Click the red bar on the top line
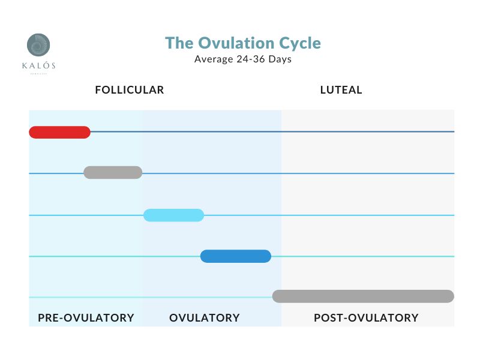(x=59, y=132)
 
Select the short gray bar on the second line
(x=113, y=173)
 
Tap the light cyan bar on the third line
(x=173, y=215)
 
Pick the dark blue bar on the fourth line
(x=235, y=256)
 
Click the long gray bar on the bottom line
(x=363, y=296)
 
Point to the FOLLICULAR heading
(x=130, y=90)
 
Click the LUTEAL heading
(x=341, y=90)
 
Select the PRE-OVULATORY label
(x=86, y=317)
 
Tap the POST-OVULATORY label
(x=366, y=317)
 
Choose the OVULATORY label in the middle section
(x=205, y=317)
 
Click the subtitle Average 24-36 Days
(x=243, y=59)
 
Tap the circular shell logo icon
(x=38, y=46)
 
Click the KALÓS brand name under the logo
(x=38, y=65)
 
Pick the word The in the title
(x=178, y=43)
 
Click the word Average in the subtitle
(x=213, y=59)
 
